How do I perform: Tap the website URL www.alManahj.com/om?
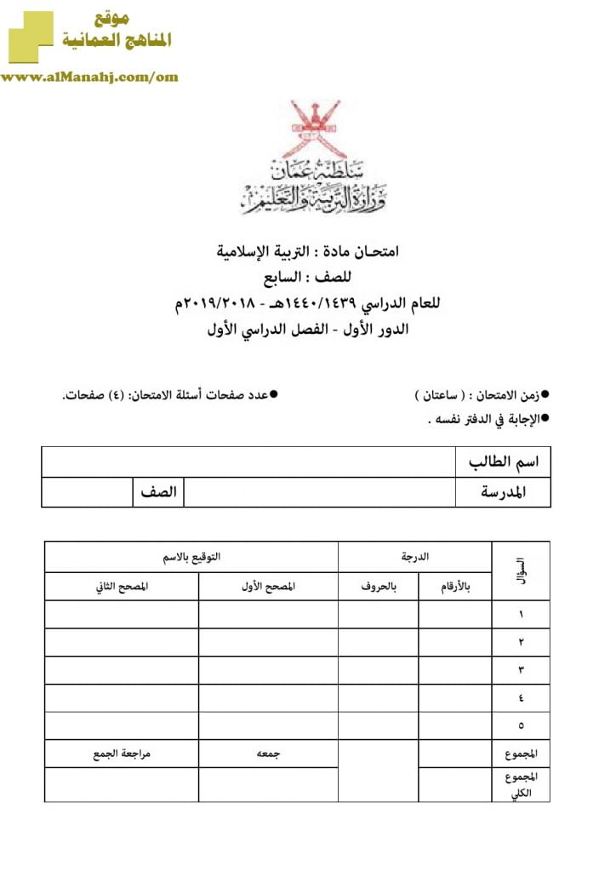[x=89, y=77]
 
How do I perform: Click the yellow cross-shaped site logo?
[x=30, y=37]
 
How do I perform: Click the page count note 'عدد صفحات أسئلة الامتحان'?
[x=170, y=396]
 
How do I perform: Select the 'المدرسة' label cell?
[x=504, y=492]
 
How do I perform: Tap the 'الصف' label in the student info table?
[x=158, y=492]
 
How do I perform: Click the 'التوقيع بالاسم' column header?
[x=191, y=557]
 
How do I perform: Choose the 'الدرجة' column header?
[x=415, y=557]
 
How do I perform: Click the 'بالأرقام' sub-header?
[x=455, y=587]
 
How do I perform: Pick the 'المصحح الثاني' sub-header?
[x=122, y=587]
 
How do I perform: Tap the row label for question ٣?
[x=521, y=670]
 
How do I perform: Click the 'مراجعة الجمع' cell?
[x=122, y=754]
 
